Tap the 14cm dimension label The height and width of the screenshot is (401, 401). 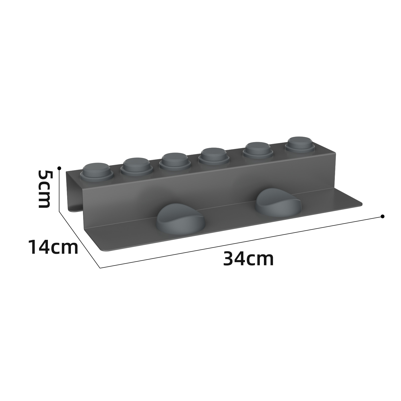(53, 247)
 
